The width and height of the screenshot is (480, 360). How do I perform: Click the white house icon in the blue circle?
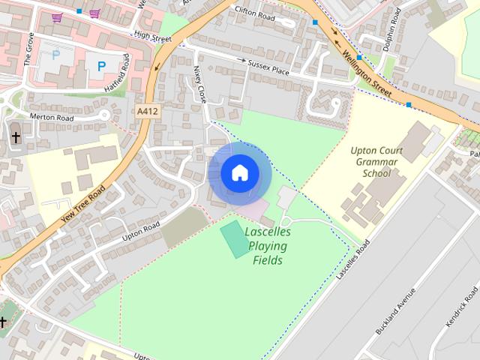(x=239, y=173)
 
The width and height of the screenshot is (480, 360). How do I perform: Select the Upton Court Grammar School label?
(x=376, y=161)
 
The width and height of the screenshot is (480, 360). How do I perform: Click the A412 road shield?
(x=148, y=111)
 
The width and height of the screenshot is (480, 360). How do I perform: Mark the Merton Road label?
(x=52, y=117)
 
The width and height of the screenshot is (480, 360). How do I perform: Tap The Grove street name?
(x=30, y=53)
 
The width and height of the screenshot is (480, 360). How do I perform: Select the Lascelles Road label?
(x=354, y=259)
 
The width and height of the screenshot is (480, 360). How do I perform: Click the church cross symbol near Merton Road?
(x=16, y=136)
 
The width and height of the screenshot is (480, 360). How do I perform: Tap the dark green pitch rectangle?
(x=235, y=238)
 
